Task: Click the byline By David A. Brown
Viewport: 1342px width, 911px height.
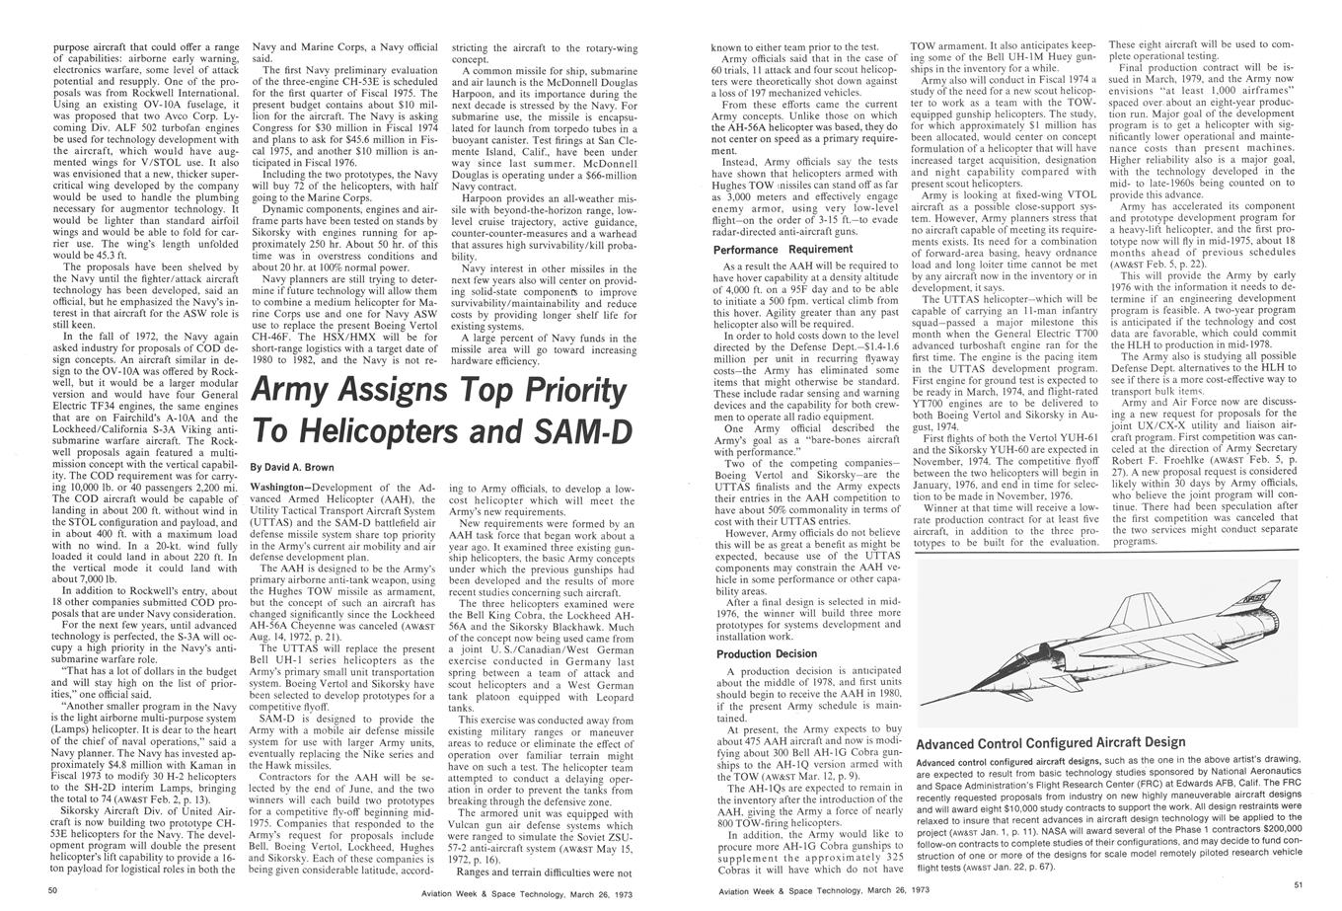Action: [x=292, y=467]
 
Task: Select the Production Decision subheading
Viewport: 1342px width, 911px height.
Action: [x=766, y=654]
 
